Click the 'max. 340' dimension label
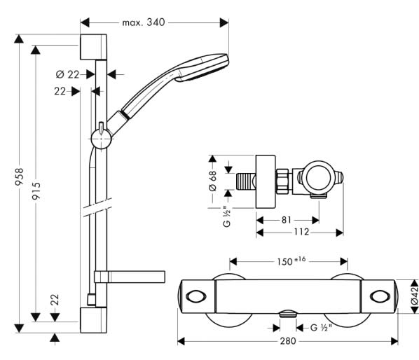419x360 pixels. [x=144, y=22]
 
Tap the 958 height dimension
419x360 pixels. [x=19, y=176]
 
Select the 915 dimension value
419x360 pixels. [x=36, y=191]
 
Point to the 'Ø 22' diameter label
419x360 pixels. [x=67, y=74]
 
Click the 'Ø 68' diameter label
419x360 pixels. [x=213, y=181]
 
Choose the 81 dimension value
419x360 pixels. [x=287, y=220]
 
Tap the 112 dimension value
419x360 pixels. [x=301, y=232]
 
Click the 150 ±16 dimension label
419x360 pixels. [x=291, y=261]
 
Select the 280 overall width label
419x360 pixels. [x=288, y=341]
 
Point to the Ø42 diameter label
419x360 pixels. [x=415, y=296]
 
